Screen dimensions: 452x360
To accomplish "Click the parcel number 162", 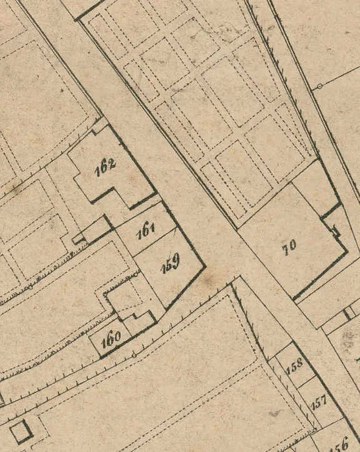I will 106,167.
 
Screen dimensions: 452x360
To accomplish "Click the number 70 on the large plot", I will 289,246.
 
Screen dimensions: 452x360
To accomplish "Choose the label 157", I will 319,401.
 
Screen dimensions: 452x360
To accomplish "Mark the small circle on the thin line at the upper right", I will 319,86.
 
